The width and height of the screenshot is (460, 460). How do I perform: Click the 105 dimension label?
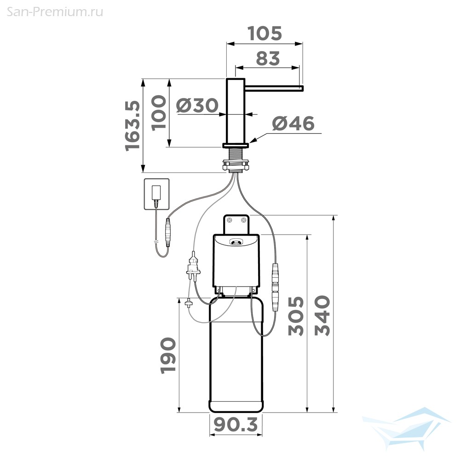click(265, 34)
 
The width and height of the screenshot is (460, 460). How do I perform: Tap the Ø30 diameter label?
click(197, 105)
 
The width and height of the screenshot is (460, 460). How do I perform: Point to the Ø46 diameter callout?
click(293, 123)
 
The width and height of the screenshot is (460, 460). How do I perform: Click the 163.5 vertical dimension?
click(132, 126)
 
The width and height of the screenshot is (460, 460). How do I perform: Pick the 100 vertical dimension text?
click(159, 112)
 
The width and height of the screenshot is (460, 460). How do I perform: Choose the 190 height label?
click(168, 356)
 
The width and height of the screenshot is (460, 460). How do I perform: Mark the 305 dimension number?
click(296, 316)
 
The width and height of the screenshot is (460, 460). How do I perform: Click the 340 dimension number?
click(322, 316)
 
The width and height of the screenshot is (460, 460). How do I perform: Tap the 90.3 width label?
click(236, 425)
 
